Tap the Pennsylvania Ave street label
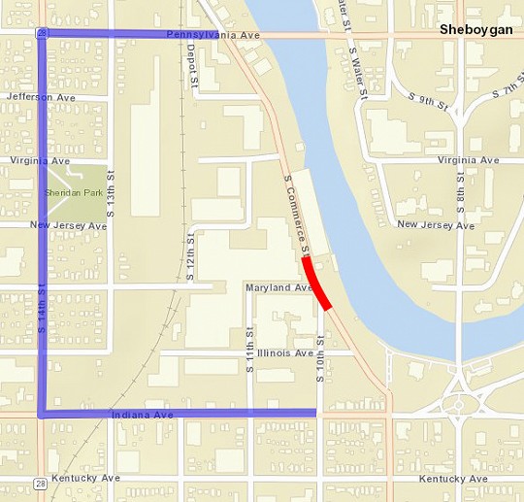pyautogui.click(x=213, y=34)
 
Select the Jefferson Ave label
pyautogui.click(x=39, y=97)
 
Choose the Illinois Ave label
pyautogui.click(x=285, y=352)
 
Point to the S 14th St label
pyautogui.click(x=42, y=306)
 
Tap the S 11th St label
pyautogui.click(x=249, y=347)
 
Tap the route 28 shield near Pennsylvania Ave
pyautogui.click(x=42, y=33)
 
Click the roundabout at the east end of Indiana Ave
pyautogui.click(x=462, y=403)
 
